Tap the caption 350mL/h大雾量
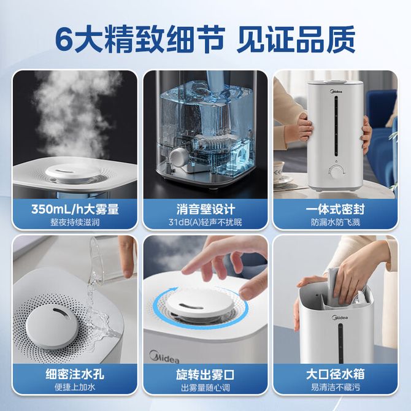[x=75, y=209]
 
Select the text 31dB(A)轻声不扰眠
[x=205, y=222]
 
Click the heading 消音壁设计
[x=205, y=209]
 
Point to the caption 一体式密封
[x=336, y=209]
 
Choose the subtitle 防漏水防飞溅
[x=336, y=222]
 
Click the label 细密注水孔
[x=75, y=374]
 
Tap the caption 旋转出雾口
[x=205, y=375]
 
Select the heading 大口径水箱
[x=336, y=374]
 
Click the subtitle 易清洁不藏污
[x=336, y=387]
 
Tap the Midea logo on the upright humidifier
[x=336, y=92]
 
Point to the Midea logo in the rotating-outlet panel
[x=164, y=357]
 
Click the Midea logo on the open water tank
[x=340, y=318]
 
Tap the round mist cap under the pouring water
[x=52, y=327]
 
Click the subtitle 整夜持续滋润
[x=75, y=222]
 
